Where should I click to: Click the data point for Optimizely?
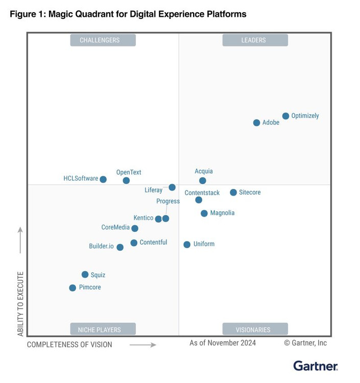[x=285, y=116]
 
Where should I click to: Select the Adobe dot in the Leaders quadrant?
[x=256, y=123]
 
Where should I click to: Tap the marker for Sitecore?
[x=233, y=193]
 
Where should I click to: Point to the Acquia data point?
[x=203, y=181]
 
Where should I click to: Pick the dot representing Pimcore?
[x=73, y=288]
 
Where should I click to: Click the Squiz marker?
[x=85, y=275]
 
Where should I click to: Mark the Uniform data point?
[x=187, y=245]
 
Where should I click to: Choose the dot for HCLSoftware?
[x=103, y=179]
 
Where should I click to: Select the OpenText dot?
[x=126, y=181]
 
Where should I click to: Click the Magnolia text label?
[x=222, y=213]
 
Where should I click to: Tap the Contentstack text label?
[x=202, y=193]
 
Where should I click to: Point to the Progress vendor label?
[x=168, y=201]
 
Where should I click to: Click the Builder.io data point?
[x=120, y=247]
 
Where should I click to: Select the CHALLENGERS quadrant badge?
[x=103, y=40]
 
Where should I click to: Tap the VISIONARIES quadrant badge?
[x=255, y=329]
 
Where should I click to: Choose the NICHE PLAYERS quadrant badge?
[x=103, y=329]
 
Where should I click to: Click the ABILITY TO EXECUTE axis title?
[x=21, y=304]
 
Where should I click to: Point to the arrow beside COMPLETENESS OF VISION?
[x=142, y=345]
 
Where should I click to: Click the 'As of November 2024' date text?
[x=223, y=343]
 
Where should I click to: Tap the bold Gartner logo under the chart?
[x=315, y=366]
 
